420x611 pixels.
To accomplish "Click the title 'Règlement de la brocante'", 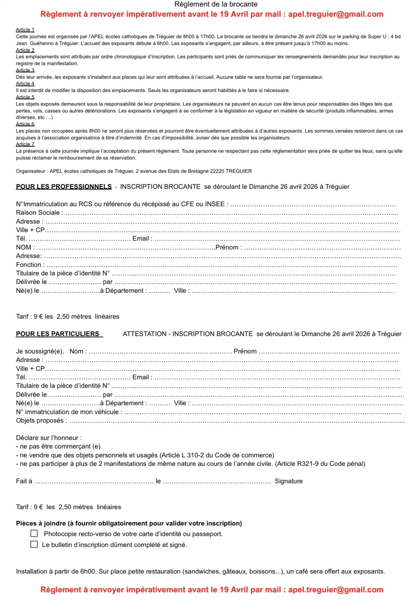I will tap(216, 4).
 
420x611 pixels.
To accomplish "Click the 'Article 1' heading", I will tap(25, 30).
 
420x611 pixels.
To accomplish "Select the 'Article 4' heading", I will tap(25, 84).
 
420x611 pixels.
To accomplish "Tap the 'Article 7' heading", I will tap(25, 144).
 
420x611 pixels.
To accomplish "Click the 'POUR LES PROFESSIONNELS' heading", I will tap(64, 187).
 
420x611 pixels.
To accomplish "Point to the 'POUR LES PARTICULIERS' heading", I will tap(58, 334).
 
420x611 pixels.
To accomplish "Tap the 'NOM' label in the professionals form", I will tap(24, 247).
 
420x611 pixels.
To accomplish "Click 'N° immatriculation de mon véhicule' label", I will tap(67, 412).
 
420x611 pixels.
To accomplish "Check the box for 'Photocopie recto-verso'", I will tap(34, 533).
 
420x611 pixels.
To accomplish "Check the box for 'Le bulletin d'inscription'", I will tap(34, 544).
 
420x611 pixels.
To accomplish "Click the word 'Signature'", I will tap(288, 481).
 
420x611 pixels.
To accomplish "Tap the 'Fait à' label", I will tap(24, 481).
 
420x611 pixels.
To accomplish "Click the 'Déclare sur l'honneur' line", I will tap(49, 438).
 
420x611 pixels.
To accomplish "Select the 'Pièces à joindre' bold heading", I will tap(129, 523).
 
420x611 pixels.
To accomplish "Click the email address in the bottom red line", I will tap(335, 590).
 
